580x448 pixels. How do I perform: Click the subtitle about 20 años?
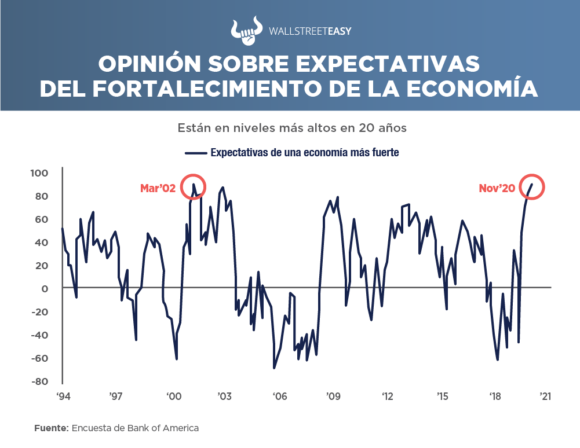pos(292,128)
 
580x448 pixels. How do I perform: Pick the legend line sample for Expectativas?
pos(195,153)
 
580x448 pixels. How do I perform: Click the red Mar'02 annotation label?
pos(159,188)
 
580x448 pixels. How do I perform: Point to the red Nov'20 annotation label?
pos(497,188)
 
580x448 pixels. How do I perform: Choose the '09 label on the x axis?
pos(333,396)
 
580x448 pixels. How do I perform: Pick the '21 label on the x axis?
pos(545,396)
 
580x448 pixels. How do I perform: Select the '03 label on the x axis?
pos(225,396)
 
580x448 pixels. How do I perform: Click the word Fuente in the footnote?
pos(50,428)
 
